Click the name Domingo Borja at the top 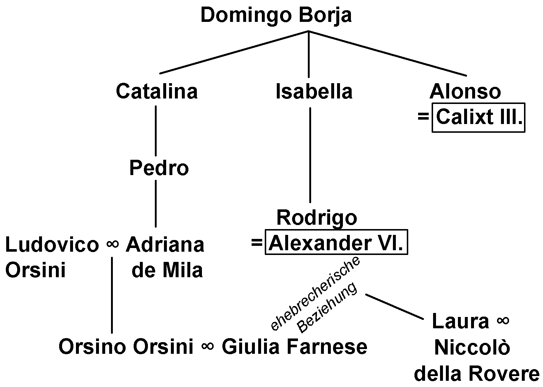click(x=276, y=16)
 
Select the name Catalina click(x=157, y=91)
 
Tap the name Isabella click(x=314, y=91)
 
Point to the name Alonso click(x=465, y=91)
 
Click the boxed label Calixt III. click(x=478, y=117)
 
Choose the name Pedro click(x=159, y=168)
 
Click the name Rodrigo click(x=317, y=218)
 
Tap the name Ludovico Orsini click(x=51, y=257)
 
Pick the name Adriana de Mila click(x=165, y=257)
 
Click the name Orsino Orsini click(x=126, y=347)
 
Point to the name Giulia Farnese click(x=294, y=347)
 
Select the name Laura click(x=460, y=321)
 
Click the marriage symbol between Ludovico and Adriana click(x=112, y=244)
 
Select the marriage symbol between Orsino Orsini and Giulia click(x=207, y=347)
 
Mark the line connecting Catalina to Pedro click(x=156, y=131)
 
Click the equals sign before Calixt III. click(x=423, y=117)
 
